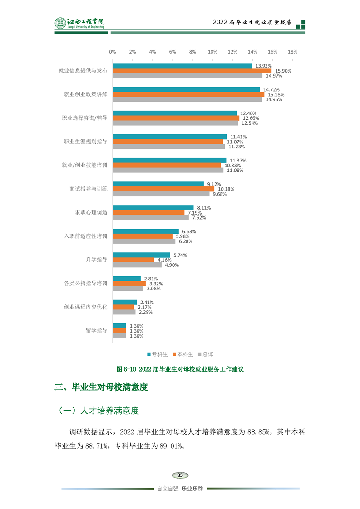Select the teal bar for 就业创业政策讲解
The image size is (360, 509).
pos(186,89)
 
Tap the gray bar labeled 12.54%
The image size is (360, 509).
pos(175,123)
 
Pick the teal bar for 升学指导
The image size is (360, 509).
pos(141,255)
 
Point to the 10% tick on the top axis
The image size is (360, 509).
pos(212,52)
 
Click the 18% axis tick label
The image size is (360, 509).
pos(292,52)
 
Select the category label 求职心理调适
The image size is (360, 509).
pos(91,212)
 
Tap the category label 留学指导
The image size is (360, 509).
pos(96,331)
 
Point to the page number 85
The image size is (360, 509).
pos(180,475)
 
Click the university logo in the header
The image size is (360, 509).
pos(80,23)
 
